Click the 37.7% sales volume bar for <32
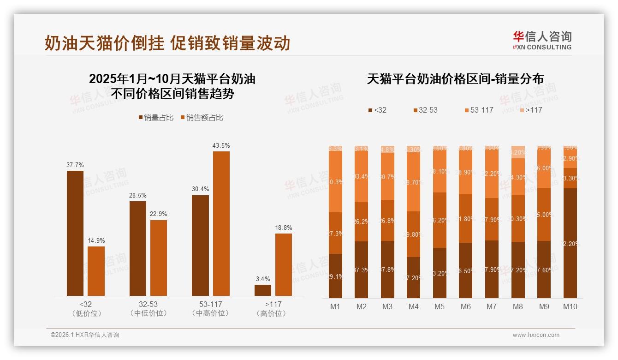75,233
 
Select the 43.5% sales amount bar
221,223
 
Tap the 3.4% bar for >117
263,290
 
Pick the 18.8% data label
284,228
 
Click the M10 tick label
570,306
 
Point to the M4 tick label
413,306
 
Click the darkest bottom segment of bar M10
570,243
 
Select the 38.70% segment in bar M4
413,182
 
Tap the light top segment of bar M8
518,152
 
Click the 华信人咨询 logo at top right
542,40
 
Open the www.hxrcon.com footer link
536,335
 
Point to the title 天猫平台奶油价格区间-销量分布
455,79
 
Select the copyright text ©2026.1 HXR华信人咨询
85,335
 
